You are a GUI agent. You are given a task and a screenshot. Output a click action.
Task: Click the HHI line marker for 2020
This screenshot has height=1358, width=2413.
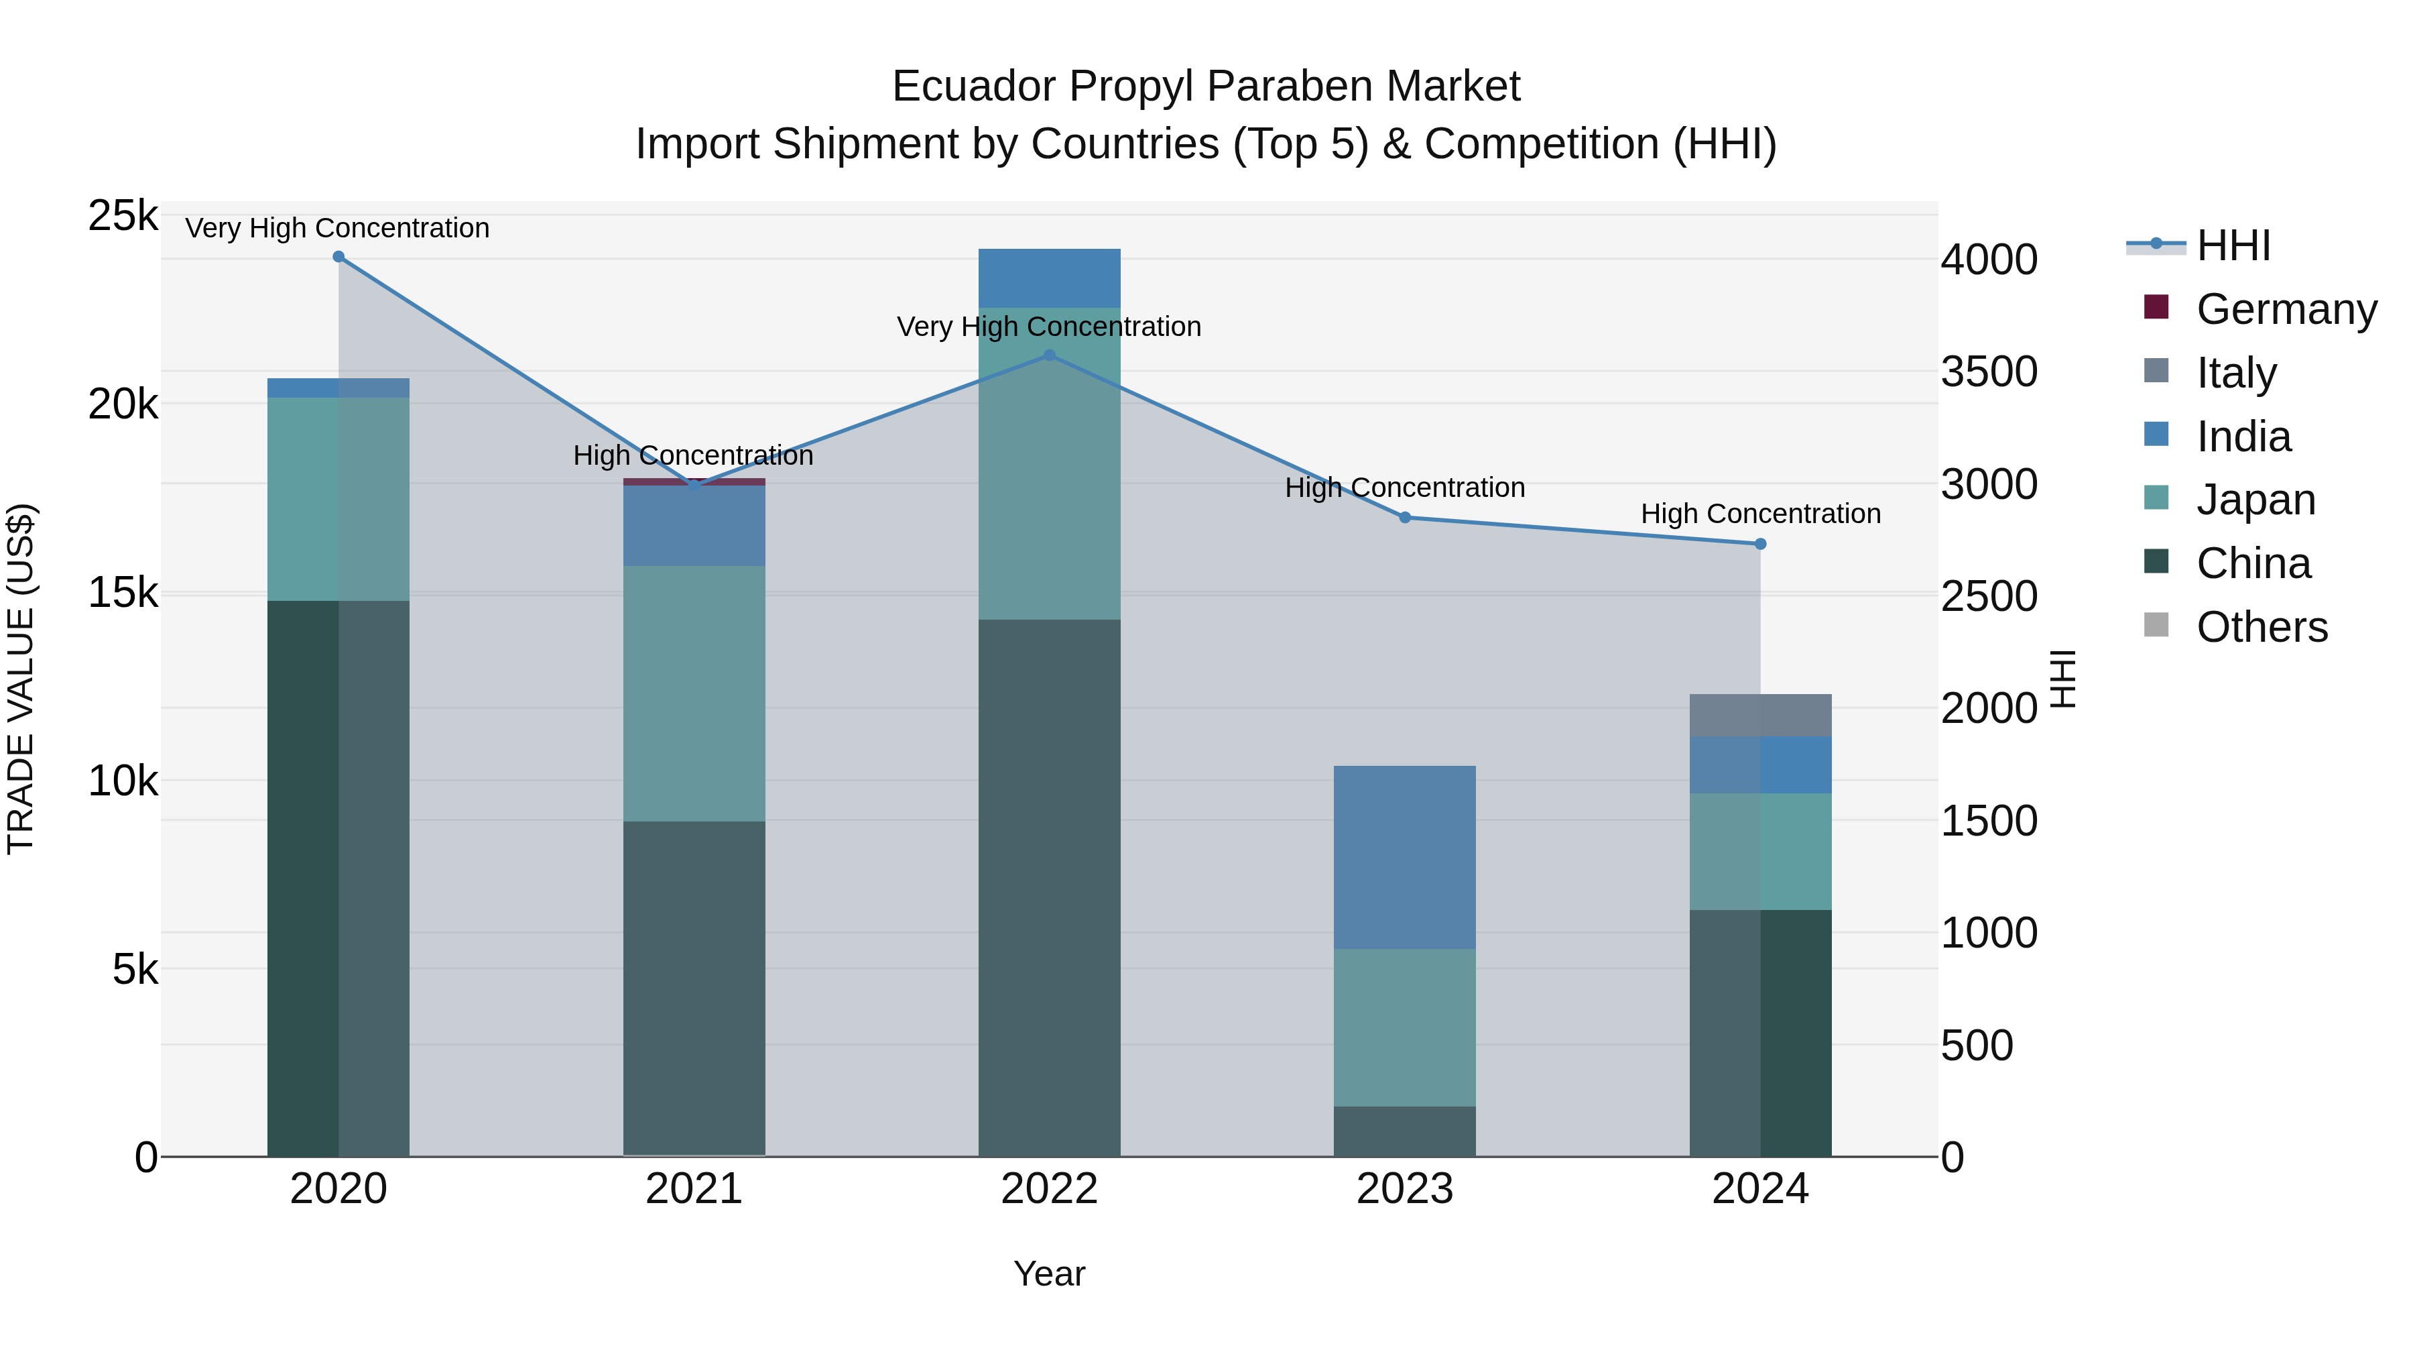point(338,257)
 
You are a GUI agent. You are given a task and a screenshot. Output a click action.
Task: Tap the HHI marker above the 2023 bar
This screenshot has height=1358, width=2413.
point(1404,517)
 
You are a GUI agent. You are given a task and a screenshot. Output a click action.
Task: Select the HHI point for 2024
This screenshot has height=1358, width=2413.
point(1760,544)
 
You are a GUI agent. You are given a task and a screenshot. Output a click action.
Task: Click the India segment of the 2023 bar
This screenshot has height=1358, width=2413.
point(1404,858)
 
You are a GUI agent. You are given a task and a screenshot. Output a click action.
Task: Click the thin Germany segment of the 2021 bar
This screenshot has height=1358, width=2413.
point(694,482)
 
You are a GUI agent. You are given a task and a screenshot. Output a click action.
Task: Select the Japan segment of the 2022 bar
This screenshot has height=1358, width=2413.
point(1049,464)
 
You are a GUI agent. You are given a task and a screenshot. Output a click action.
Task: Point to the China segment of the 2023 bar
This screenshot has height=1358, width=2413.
point(1404,1131)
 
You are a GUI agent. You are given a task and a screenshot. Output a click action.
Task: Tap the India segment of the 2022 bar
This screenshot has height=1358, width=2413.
point(1049,278)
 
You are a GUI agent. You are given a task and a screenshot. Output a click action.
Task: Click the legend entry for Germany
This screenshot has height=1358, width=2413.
point(2286,309)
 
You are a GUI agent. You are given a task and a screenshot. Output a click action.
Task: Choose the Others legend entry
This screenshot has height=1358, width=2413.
point(2262,627)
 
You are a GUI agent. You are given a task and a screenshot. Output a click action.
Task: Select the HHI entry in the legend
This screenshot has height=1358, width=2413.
point(2233,245)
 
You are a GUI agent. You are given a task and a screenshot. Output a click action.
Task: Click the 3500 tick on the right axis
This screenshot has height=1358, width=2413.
point(1989,372)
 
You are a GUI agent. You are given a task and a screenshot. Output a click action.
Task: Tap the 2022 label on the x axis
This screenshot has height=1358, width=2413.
point(1049,1189)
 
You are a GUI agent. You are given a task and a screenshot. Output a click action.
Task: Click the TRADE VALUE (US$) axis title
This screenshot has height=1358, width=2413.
point(21,679)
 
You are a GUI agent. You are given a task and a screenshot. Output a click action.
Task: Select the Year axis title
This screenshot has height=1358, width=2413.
point(1049,1274)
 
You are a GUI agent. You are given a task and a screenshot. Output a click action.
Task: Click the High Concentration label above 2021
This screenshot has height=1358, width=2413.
point(693,455)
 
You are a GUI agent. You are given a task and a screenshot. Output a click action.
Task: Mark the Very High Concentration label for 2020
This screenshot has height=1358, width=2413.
point(337,228)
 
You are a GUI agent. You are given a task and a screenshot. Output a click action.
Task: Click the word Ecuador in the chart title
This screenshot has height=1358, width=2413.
point(973,87)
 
